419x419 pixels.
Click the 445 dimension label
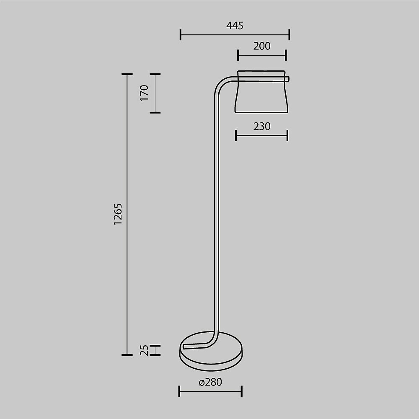[235, 26]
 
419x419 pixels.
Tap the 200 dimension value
[262, 46]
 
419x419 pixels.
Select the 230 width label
[262, 127]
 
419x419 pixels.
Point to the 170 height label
[144, 93]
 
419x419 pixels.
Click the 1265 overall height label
[118, 214]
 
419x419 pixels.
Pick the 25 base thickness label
[144, 350]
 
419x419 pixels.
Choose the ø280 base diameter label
[210, 382]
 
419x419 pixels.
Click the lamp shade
[261, 92]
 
